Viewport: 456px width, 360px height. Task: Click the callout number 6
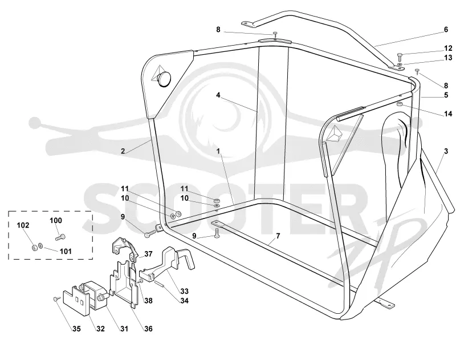446,30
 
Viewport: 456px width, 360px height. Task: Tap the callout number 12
448,48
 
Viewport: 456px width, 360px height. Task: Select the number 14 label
448,114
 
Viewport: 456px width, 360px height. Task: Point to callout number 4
218,95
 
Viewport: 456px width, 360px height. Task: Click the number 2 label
123,151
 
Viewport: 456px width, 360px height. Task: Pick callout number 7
278,236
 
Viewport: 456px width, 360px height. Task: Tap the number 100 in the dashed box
56,220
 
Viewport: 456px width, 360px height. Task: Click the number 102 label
23,225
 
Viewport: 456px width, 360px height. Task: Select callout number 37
148,254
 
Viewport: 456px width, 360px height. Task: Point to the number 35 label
76,329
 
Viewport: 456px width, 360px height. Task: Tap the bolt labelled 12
400,55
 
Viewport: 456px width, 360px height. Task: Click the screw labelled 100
60,237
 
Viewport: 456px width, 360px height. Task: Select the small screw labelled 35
56,298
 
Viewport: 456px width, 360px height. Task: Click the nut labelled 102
34,248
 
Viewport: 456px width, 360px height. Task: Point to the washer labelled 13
400,63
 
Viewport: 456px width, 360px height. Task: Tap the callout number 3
446,151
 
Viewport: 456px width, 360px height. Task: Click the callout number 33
184,291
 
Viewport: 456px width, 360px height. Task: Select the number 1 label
218,151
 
